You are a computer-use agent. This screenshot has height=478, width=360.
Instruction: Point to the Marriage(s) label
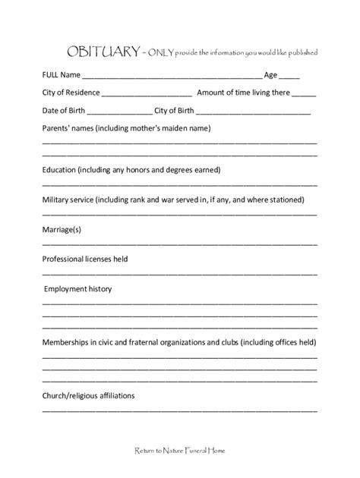62,229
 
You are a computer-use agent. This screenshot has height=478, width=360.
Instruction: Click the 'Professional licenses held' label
84,259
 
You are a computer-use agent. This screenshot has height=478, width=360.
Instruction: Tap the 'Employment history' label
78,289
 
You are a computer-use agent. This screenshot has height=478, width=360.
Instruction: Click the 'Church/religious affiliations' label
88,395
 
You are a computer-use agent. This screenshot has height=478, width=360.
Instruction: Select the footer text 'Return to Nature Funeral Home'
179,450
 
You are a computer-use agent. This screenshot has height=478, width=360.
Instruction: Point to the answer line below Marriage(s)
179,244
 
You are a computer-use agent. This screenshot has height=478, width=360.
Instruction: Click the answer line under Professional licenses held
179,274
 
